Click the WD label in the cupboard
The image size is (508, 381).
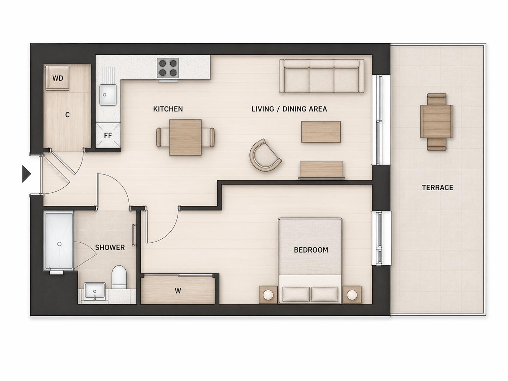58,78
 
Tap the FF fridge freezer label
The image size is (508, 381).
108,135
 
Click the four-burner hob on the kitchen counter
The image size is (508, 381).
168,68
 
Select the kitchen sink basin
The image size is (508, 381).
108,95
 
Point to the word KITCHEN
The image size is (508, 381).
168,109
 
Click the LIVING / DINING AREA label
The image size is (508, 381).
289,109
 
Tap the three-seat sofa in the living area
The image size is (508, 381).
321,76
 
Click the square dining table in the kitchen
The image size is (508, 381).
185,137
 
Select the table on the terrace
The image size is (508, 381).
436,122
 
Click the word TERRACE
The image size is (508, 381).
437,188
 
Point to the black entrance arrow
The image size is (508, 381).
26,174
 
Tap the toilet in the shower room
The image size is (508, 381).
119,277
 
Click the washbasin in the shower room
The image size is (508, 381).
95,291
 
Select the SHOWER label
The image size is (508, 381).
110,248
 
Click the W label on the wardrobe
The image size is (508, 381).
178,291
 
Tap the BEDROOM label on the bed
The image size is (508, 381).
311,250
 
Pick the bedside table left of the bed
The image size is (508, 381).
268,295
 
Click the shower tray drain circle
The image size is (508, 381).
59,244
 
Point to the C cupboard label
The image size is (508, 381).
67,115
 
